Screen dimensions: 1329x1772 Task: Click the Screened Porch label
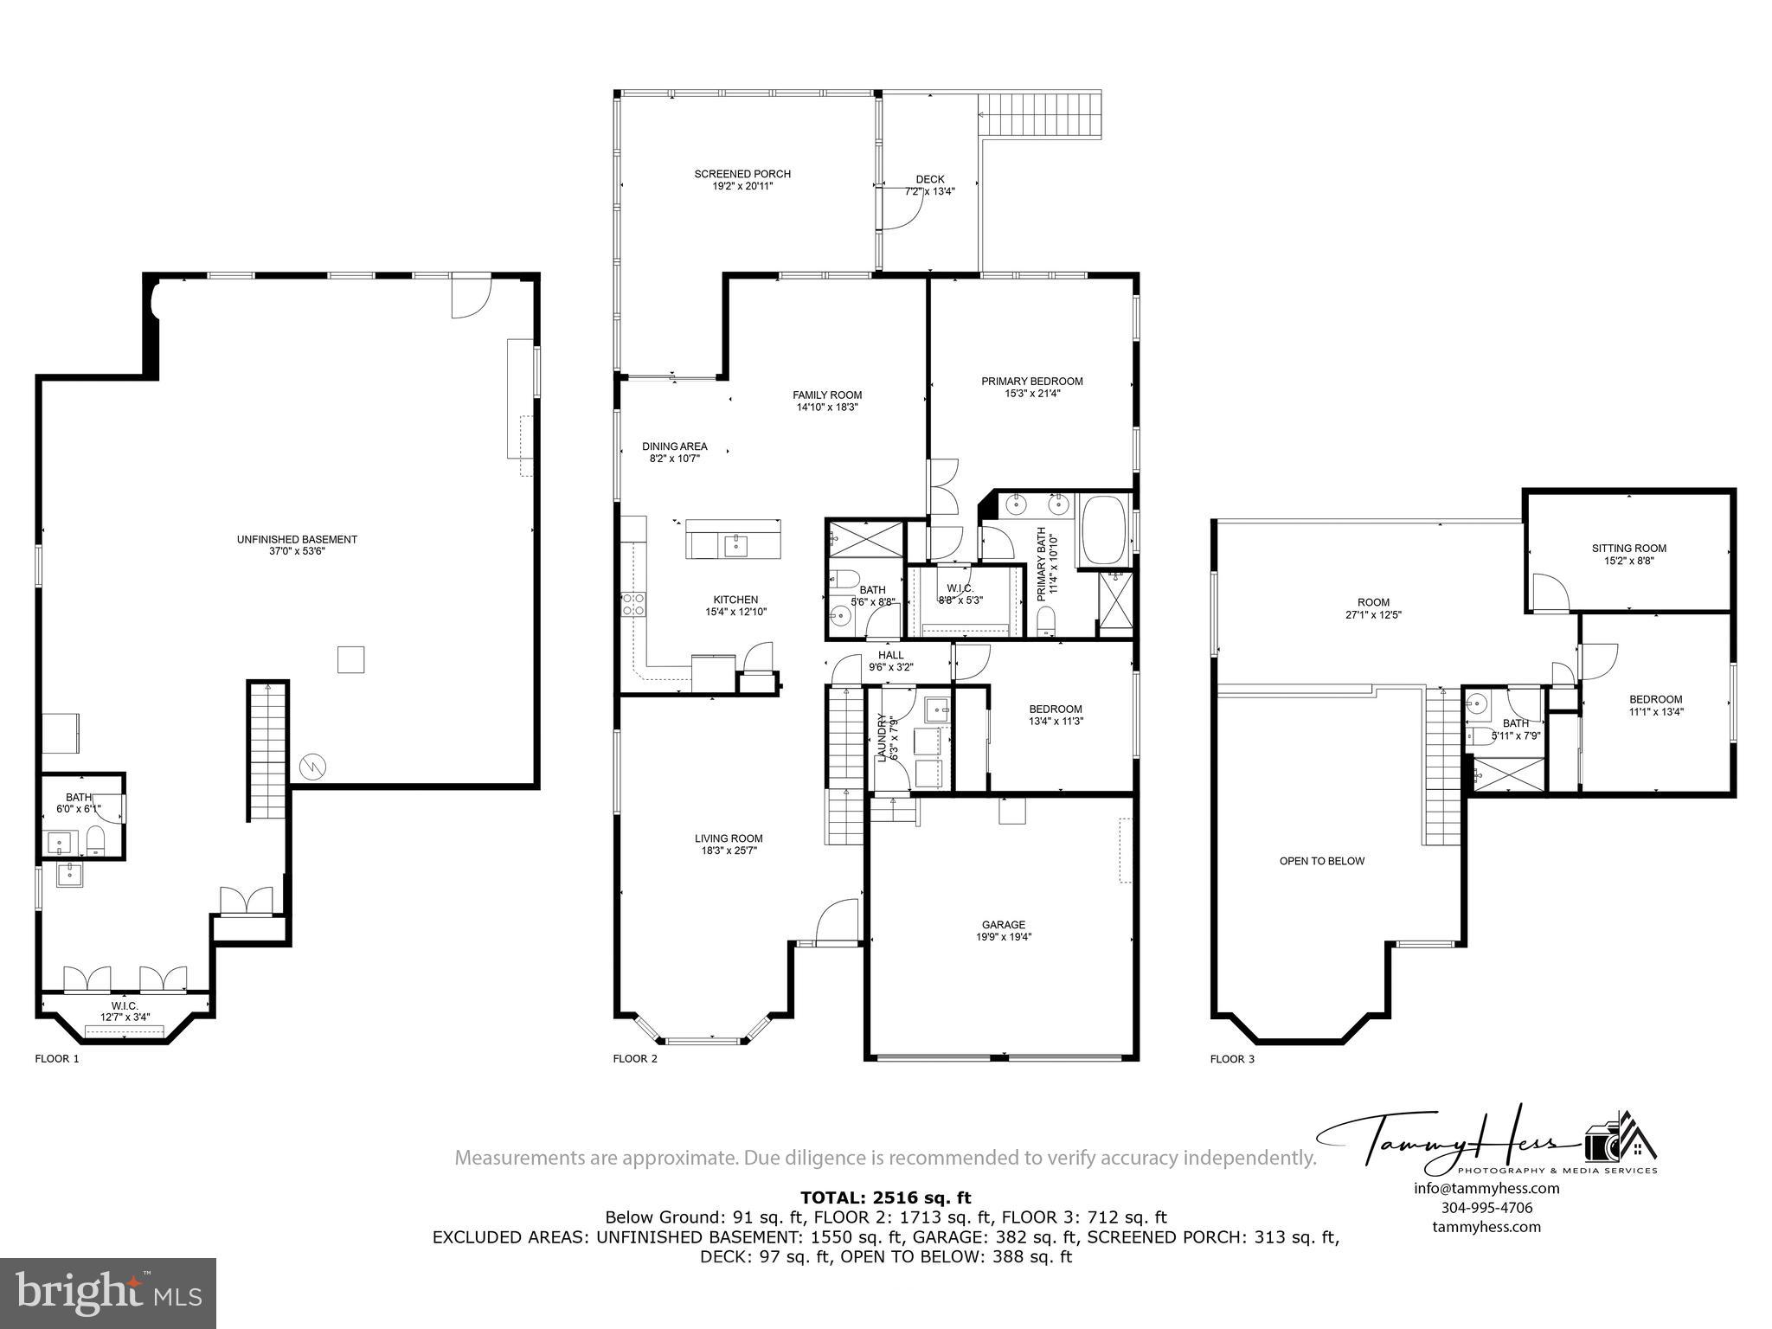[742, 174]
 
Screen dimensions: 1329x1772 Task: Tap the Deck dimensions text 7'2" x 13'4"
[930, 192]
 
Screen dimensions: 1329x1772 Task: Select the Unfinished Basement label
[297, 539]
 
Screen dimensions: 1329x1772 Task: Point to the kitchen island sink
[737, 545]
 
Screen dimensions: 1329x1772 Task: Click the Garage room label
[1004, 924]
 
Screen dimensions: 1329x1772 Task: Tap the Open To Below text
[1321, 861]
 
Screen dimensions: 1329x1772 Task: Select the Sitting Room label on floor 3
[1628, 548]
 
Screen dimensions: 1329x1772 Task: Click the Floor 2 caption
[635, 1058]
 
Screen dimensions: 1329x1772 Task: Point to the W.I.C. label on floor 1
[125, 1005]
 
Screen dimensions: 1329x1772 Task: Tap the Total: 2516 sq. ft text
[885, 1197]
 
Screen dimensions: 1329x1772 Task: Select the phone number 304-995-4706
[1486, 1208]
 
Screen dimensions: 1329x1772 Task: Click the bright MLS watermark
[107, 1293]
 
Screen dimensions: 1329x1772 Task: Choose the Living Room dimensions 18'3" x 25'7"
[729, 851]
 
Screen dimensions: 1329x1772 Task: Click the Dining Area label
[674, 446]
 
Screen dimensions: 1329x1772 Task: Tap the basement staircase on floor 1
[267, 749]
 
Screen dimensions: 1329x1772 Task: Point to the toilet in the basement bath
[96, 839]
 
